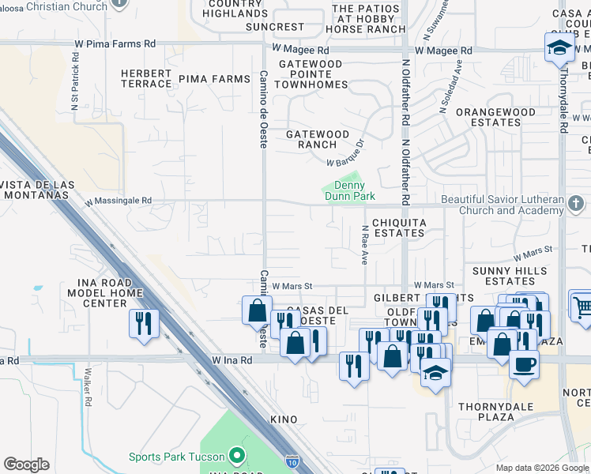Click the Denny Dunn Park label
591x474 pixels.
coord(348,190)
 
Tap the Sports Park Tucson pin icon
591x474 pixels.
coord(235,456)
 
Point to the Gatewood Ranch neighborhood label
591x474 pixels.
coord(317,140)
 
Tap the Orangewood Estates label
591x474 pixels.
coord(495,118)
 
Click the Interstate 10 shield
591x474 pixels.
coord(292,458)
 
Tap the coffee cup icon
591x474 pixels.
coord(526,364)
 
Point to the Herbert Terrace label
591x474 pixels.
coord(146,78)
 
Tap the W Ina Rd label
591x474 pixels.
coord(232,360)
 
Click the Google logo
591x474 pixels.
coord(27,465)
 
